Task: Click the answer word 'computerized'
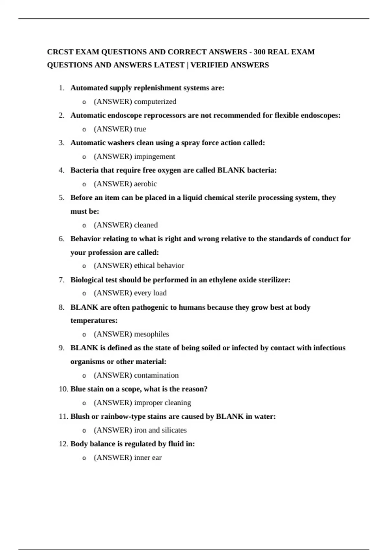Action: pyautogui.click(x=155, y=102)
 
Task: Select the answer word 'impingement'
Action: pyautogui.click(x=155, y=157)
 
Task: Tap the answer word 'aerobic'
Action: pyautogui.click(x=145, y=184)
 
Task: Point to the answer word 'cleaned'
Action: pyautogui.click(x=146, y=225)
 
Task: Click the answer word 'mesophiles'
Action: pyautogui.click(x=151, y=334)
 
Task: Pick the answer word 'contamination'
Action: pyautogui.click(x=156, y=375)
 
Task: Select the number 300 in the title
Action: pyautogui.click(x=259, y=52)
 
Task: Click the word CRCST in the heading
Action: pyautogui.click(x=60, y=52)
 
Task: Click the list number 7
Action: pyautogui.click(x=61, y=280)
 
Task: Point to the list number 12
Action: pyautogui.click(x=63, y=444)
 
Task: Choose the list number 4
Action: pyautogui.click(x=61, y=170)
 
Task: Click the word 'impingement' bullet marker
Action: pyautogui.click(x=84, y=157)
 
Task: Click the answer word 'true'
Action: pyautogui.click(x=140, y=129)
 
